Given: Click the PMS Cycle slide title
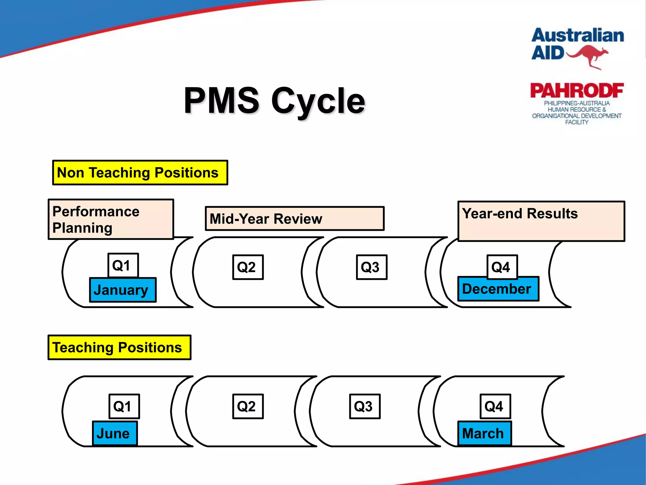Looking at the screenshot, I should point(274,100).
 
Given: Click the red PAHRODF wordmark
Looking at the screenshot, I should point(577,91).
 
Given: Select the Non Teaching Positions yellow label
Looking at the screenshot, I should point(140,173).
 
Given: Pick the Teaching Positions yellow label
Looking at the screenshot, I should point(120,347).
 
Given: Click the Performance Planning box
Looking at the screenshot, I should point(111,219).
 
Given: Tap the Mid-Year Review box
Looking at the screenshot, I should point(295,219).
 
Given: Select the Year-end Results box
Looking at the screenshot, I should point(541,221).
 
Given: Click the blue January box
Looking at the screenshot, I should point(123,290).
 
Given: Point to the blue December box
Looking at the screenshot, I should point(498,289).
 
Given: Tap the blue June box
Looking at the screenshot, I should point(115,433).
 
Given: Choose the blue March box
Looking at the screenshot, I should point(484,433).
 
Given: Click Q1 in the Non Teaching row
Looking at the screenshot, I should point(123,265).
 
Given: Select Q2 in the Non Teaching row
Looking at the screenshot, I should point(248,267).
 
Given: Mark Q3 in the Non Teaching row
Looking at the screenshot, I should point(372,267).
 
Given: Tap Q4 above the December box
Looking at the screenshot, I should point(502,267).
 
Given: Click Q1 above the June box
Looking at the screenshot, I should point(124,406).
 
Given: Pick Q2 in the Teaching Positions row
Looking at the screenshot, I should point(248,406).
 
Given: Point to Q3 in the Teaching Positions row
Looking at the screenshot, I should point(365,406).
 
